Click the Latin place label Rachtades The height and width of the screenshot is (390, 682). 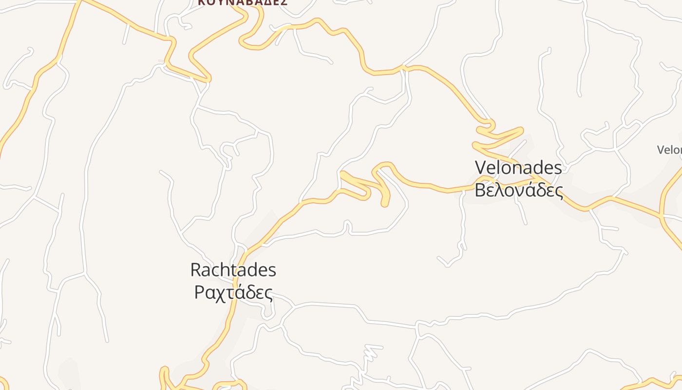click(233, 270)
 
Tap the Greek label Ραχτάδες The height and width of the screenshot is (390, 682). click(233, 292)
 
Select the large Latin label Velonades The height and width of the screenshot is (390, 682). click(518, 168)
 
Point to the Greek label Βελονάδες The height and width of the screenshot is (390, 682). click(519, 190)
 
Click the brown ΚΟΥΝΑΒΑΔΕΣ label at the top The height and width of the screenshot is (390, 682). click(243, 2)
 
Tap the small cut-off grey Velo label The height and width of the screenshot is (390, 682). click(669, 150)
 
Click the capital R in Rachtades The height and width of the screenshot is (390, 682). click(195, 270)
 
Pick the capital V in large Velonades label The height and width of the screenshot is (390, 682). click(480, 168)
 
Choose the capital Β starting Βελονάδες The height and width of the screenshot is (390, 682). click(480, 190)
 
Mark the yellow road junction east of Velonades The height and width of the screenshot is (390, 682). click(661, 214)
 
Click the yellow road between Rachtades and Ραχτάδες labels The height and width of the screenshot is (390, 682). click(236, 281)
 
